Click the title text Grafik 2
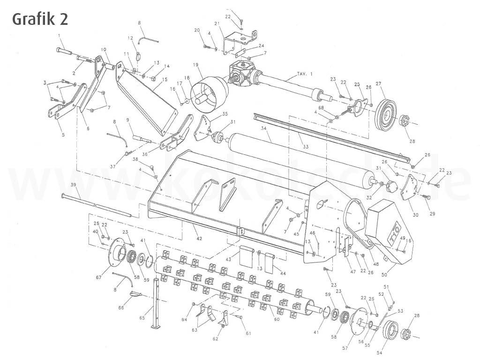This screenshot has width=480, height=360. (40, 19)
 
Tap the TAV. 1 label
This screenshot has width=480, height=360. (305, 74)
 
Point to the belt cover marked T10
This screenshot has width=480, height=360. (389, 230)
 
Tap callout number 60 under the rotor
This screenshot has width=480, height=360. (276, 319)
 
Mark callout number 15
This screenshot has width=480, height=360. (164, 80)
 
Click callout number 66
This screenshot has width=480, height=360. (121, 307)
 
